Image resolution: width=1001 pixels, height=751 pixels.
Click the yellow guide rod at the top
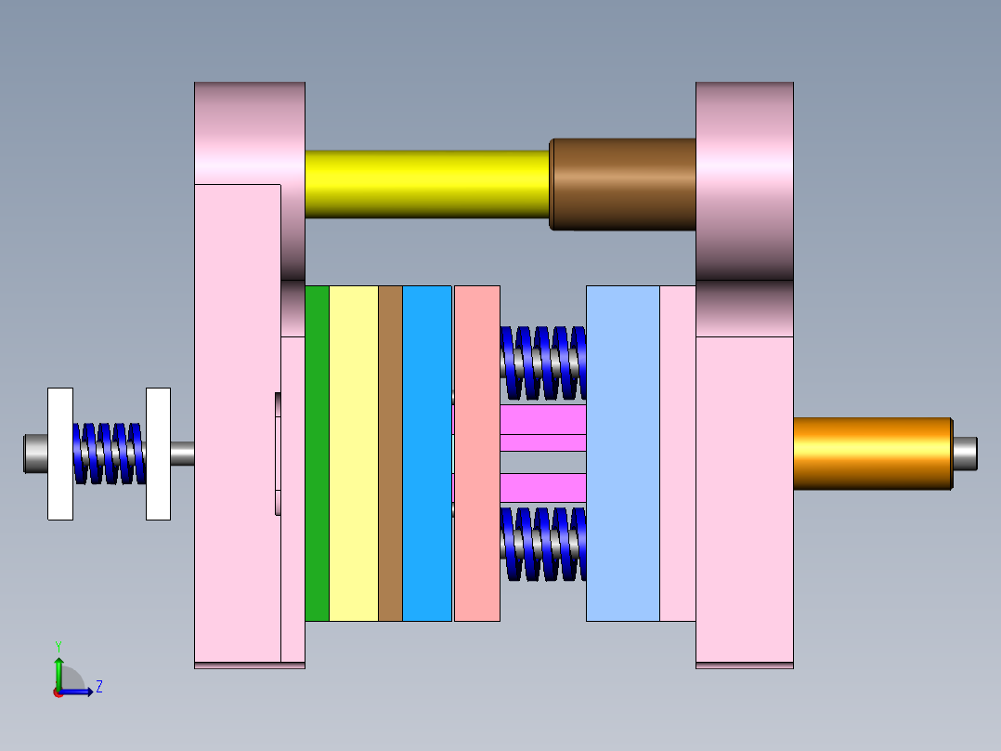[x=427, y=184]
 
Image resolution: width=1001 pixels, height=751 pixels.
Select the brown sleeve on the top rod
[x=624, y=184]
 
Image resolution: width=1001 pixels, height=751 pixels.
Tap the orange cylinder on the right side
[x=872, y=454]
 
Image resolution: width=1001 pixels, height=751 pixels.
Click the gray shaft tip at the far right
[x=965, y=454]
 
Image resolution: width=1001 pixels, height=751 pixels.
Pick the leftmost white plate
[x=60, y=454]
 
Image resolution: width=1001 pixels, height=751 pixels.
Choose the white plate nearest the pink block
[x=158, y=454]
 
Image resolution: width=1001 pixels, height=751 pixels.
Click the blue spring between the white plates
[x=110, y=454]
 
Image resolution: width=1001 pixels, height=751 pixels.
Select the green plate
[x=317, y=454]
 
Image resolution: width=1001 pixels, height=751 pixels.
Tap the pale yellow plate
[x=354, y=454]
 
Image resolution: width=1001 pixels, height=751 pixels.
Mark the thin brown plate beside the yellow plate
[x=390, y=454]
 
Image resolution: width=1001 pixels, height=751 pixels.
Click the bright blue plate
[x=427, y=454]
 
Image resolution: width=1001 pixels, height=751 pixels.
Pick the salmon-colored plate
[x=476, y=454]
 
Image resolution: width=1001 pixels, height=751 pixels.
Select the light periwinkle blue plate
[x=622, y=454]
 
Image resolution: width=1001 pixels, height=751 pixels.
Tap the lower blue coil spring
[x=543, y=544]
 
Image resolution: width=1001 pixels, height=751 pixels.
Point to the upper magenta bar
[x=543, y=419]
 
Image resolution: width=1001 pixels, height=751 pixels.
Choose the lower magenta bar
[x=543, y=487]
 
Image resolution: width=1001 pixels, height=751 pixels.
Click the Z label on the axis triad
[x=98, y=687]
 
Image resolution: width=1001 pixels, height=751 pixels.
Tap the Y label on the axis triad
[x=58, y=645]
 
